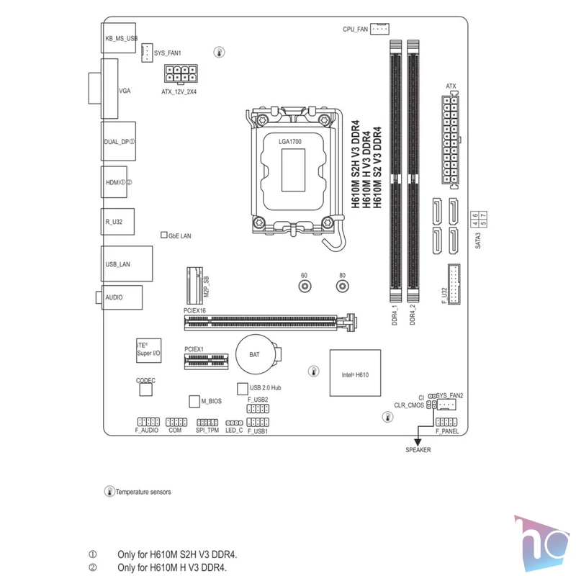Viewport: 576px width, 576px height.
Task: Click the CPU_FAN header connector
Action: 379,29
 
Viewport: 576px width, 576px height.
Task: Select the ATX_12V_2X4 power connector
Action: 181,74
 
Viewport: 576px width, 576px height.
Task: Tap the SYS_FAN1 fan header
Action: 147,53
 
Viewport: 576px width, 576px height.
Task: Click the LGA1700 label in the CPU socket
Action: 290,141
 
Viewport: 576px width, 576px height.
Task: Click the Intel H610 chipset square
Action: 355,373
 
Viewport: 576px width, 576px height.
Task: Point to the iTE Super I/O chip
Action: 149,351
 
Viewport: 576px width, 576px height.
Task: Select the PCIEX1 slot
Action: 206,361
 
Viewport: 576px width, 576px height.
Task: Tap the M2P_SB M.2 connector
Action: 194,286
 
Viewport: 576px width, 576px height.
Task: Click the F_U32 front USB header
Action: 454,284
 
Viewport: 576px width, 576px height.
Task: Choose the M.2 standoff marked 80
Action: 343,286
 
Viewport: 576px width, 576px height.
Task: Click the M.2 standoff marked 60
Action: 305,286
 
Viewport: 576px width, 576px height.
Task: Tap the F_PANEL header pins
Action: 446,422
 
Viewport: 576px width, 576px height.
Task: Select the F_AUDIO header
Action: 148,422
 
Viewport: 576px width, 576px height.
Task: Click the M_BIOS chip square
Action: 194,401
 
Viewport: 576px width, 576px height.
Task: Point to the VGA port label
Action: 125,91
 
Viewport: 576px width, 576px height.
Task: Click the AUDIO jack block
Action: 122,297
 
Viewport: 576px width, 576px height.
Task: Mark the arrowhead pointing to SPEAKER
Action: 418,442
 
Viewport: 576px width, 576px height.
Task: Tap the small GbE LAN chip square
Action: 164,235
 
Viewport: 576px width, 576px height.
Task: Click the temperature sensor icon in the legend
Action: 109,491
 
